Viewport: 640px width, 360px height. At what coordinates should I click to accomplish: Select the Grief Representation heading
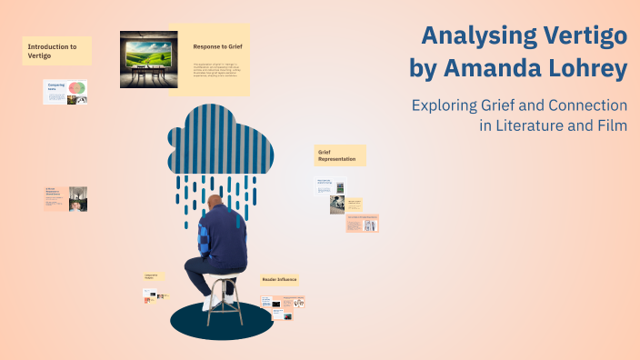(x=339, y=155)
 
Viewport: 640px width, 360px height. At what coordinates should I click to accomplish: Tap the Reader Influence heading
(x=280, y=279)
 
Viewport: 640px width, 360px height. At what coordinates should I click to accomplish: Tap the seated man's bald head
(x=214, y=203)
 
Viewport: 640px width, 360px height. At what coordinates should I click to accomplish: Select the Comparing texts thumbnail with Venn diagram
(x=65, y=91)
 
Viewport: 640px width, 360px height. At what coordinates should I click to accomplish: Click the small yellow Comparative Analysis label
(x=155, y=275)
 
